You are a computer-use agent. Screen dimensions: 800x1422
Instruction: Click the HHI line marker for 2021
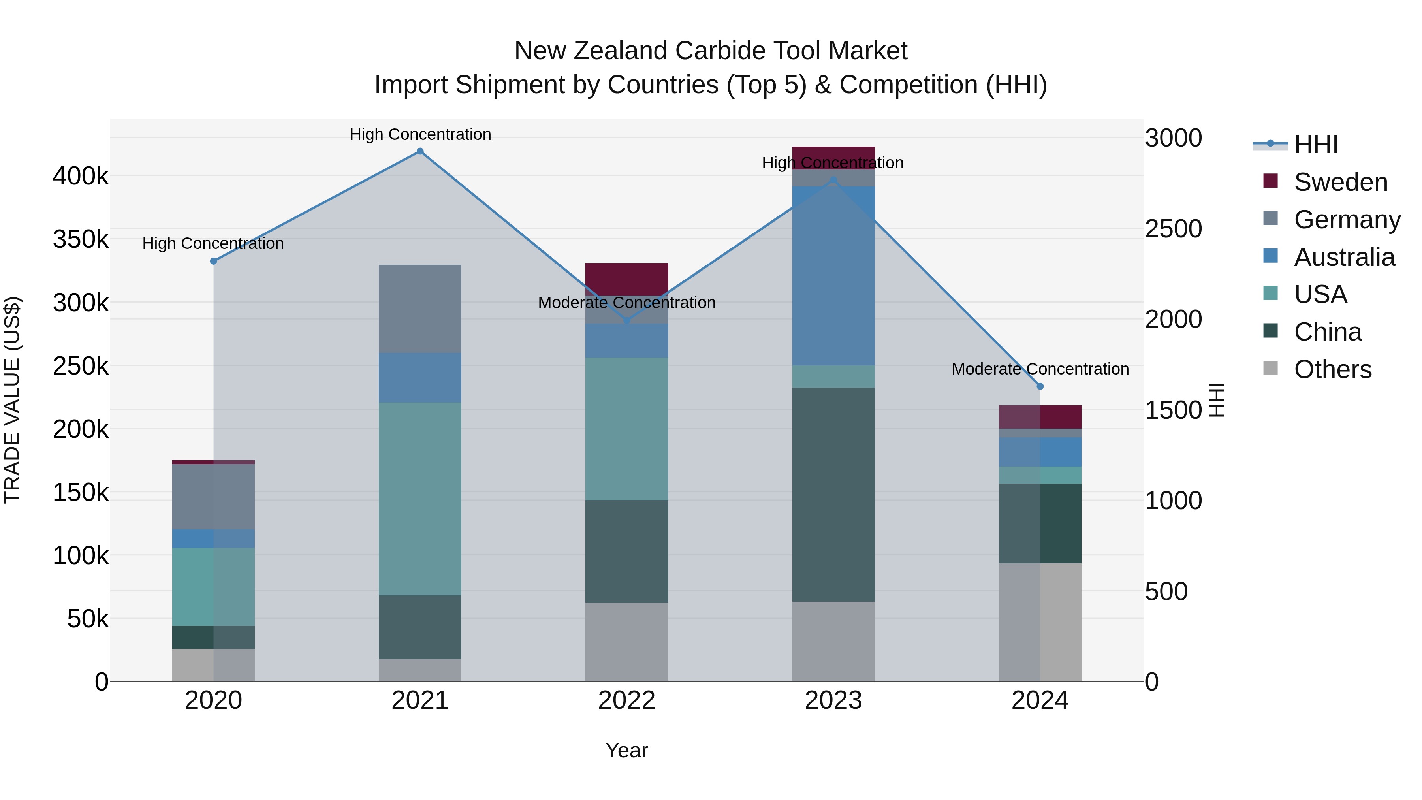[420, 151]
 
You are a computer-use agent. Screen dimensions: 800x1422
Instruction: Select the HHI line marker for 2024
[1040, 386]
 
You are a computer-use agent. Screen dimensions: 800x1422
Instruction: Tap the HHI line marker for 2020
[214, 261]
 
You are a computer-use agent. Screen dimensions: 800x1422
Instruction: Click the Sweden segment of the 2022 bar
[626, 279]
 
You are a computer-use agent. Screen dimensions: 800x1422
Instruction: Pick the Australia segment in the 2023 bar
[833, 276]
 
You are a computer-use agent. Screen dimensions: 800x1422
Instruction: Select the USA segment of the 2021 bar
[420, 499]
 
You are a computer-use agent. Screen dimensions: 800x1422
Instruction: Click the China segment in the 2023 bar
[833, 494]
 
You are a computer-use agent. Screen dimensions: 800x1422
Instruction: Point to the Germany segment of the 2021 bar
[420, 309]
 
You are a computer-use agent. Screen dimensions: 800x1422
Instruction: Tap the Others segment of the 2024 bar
[1040, 622]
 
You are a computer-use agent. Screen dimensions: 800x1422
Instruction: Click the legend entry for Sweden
[1340, 182]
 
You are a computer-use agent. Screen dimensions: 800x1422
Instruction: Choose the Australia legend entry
[1344, 257]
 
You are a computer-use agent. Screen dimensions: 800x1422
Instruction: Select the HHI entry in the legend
[1315, 145]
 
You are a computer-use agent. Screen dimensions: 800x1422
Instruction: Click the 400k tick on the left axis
[81, 176]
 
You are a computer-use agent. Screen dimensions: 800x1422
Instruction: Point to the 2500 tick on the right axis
[1173, 229]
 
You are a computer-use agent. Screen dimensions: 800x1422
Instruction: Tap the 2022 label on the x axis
[626, 700]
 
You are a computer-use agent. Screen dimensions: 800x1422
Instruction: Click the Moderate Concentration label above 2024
[1040, 369]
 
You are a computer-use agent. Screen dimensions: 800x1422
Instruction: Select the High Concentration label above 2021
[420, 134]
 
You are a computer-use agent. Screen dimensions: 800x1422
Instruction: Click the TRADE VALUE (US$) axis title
[12, 400]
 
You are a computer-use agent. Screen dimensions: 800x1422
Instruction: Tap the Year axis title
[626, 750]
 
